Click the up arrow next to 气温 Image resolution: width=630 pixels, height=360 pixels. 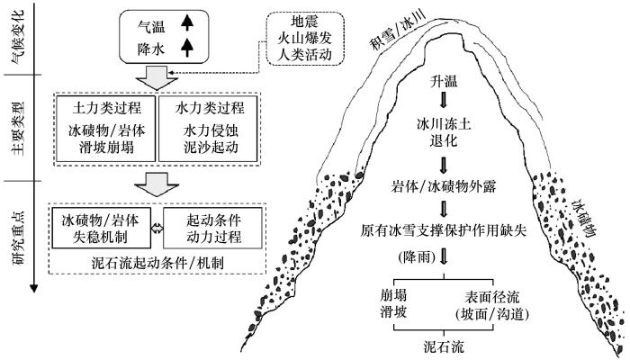(187, 23)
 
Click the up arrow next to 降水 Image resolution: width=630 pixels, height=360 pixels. (187, 48)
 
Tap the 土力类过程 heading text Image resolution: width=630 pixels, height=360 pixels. (106, 108)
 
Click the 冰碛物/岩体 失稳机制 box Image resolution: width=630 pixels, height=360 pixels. (101, 228)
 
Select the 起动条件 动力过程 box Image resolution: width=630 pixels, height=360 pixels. (213, 228)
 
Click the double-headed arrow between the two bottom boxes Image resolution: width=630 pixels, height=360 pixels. (157, 229)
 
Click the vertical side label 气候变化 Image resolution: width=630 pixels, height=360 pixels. (19, 38)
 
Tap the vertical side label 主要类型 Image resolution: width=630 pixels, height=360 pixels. (19, 129)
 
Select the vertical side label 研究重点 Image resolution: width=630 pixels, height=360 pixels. (19, 238)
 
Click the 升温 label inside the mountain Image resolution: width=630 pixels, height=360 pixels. (444, 82)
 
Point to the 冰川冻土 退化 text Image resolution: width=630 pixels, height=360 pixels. (444, 132)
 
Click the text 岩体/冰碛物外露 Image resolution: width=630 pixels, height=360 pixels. (444, 186)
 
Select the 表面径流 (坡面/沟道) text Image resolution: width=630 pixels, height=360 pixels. (492, 305)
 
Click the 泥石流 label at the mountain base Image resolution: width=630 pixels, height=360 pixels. (444, 346)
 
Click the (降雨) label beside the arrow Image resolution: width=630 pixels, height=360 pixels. (417, 256)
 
